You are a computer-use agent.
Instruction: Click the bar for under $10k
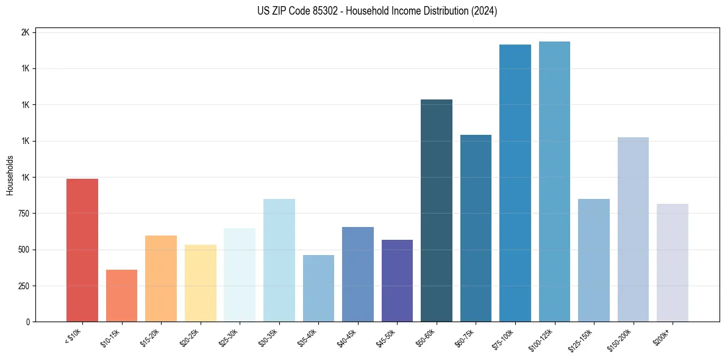click(82, 250)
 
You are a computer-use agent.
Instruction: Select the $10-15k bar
click(121, 296)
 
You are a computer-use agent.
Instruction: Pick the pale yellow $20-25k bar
click(201, 283)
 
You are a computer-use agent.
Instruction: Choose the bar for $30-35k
click(279, 261)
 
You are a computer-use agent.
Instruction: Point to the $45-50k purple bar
click(397, 281)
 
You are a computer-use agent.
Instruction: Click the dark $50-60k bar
click(437, 211)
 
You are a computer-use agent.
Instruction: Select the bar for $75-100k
click(515, 183)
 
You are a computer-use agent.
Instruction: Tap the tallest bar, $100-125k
click(554, 182)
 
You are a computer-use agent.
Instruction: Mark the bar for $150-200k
click(633, 229)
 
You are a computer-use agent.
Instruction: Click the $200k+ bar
click(673, 263)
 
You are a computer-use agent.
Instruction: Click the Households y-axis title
click(10, 175)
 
